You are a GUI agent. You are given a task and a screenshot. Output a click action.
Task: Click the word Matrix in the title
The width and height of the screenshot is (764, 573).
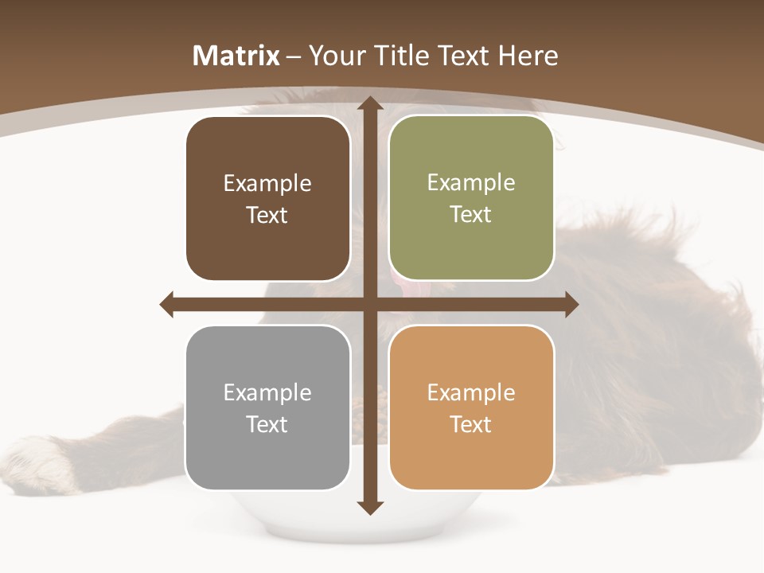click(236, 56)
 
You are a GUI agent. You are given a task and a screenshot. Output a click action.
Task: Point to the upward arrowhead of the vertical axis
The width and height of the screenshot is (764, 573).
click(368, 104)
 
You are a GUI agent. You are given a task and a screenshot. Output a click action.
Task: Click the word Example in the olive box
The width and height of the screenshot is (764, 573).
click(471, 183)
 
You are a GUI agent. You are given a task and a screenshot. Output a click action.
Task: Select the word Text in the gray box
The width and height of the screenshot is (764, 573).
click(267, 424)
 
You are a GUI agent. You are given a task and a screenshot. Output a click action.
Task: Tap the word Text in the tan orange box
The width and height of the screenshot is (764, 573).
click(471, 424)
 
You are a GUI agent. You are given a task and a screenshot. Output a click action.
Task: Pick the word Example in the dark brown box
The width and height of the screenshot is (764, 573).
click(267, 184)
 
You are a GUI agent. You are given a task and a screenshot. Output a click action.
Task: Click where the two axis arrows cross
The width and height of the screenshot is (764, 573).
click(368, 304)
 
